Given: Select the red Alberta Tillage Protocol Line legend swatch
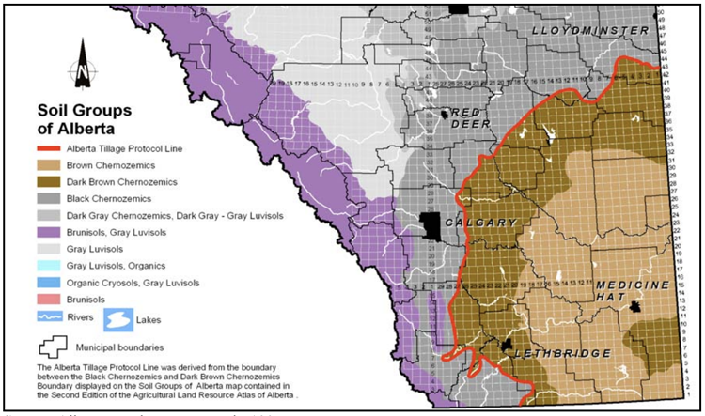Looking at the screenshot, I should click(x=55, y=148).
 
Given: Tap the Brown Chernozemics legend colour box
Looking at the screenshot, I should click(x=55, y=165).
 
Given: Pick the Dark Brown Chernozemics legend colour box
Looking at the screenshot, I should click(x=55, y=182).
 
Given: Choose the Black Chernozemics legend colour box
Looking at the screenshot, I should click(x=55, y=199).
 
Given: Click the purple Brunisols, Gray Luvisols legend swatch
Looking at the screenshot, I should click(x=55, y=232).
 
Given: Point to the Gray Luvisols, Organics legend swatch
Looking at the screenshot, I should click(x=55, y=266).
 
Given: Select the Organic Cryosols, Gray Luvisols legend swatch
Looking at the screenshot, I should click(x=55, y=283).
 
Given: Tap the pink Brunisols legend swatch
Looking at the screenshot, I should click(x=55, y=300).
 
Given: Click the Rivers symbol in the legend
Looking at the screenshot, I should click(x=55, y=318).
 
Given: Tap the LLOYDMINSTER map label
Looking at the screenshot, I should click(x=589, y=31).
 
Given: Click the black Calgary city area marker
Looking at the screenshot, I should click(x=431, y=226).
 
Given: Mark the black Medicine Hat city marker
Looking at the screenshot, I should click(x=637, y=307).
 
